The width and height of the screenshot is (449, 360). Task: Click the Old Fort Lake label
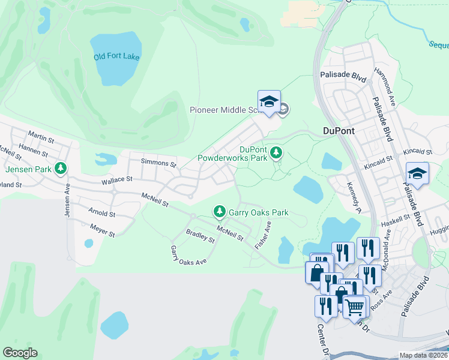point(116,56)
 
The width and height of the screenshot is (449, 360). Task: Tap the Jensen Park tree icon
point(60,169)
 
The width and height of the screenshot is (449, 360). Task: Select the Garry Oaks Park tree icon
point(220,212)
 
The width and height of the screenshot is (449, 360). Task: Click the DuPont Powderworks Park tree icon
point(276,154)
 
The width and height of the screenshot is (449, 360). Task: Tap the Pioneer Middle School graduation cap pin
point(270,102)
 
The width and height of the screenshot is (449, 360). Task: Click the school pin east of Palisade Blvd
point(417,174)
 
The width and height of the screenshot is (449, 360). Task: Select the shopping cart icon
point(354,307)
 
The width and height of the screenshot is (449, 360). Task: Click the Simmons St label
point(158,163)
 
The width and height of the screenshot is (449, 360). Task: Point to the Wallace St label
point(116,179)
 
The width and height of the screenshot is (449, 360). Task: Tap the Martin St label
point(41,139)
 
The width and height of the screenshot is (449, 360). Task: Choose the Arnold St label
point(101,213)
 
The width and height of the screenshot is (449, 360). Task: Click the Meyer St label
point(102,229)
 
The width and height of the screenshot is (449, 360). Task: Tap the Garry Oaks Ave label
point(188,255)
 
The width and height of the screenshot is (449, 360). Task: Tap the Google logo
point(20,353)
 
